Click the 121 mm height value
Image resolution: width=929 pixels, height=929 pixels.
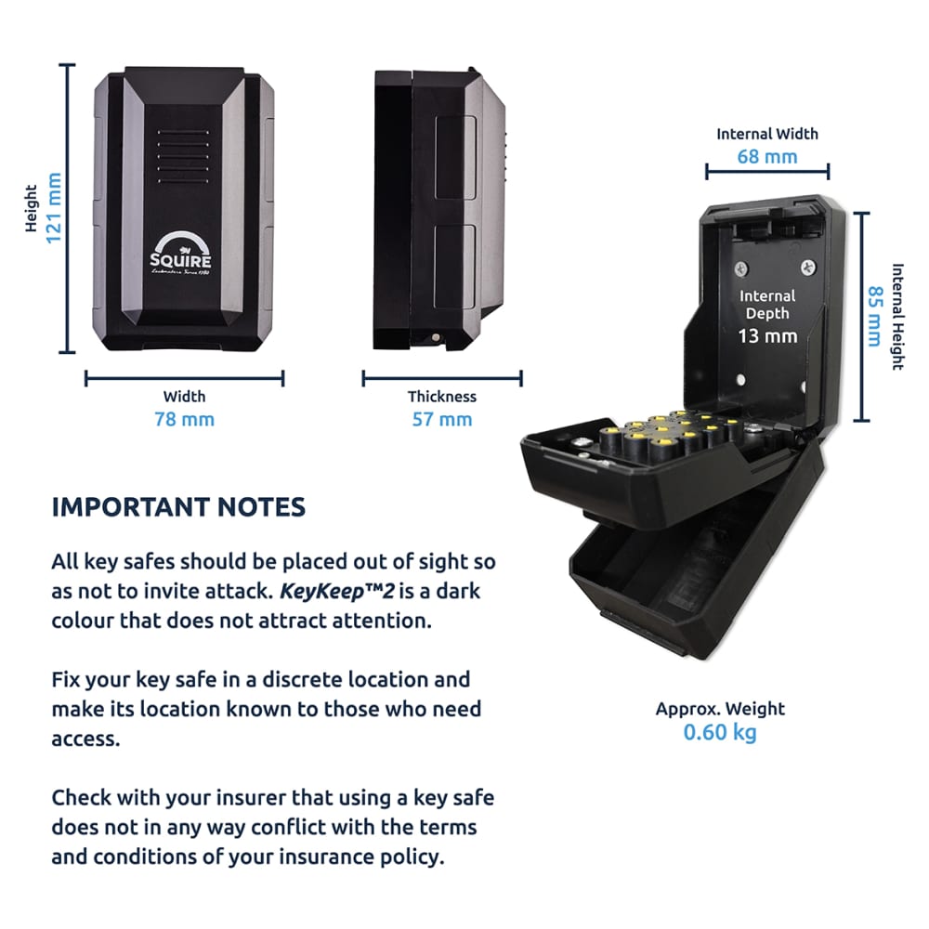54,208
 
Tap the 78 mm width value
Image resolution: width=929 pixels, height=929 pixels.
184,419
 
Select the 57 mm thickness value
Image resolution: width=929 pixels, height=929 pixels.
441,419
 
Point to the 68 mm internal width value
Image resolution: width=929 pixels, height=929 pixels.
766,156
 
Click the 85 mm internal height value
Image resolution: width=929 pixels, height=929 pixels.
873,316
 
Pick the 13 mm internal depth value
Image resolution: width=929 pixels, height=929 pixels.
767,335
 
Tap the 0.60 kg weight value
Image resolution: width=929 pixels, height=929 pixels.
720,732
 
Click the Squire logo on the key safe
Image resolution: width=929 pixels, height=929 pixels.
182,252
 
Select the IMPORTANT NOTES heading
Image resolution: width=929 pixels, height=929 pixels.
177,506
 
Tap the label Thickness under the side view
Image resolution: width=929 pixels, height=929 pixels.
441,397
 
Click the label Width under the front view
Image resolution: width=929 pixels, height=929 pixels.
184,397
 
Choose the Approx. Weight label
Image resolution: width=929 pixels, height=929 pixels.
720,709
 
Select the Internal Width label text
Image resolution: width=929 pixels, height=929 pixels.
766,134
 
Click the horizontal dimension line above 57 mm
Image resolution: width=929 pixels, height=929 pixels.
441,378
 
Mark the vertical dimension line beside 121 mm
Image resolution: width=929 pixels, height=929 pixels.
68,208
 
